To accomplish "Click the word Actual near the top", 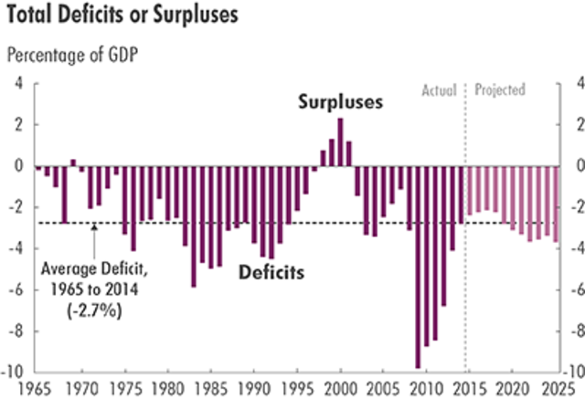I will pyautogui.click(x=439, y=90).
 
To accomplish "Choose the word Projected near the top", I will pyautogui.click(x=500, y=90).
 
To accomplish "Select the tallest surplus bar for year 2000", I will pyautogui.click(x=340, y=142).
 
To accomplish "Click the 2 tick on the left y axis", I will pyautogui.click(x=21, y=124).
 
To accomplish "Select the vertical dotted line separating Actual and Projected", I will pyautogui.click(x=465, y=228).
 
